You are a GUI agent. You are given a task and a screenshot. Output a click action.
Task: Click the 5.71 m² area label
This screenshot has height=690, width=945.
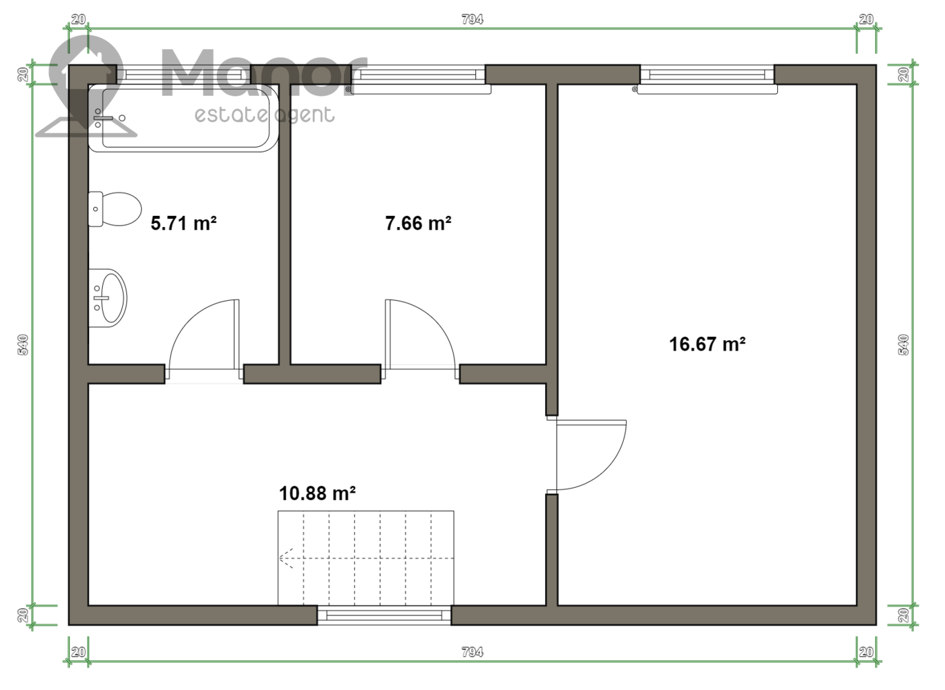[184, 223]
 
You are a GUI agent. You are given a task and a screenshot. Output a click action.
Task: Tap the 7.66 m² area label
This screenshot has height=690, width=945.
[418, 223]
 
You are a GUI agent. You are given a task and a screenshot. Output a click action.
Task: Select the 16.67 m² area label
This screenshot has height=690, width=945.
[707, 344]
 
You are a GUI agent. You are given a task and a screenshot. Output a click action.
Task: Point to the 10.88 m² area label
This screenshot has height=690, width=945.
[317, 493]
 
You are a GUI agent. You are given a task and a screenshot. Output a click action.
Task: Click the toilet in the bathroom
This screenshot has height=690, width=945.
[115, 209]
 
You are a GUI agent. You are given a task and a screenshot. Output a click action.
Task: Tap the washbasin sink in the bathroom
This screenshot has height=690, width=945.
[108, 298]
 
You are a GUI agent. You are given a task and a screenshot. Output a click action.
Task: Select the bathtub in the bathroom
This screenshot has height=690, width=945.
[183, 118]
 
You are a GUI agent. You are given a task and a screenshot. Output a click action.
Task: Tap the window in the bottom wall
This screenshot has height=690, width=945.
[384, 615]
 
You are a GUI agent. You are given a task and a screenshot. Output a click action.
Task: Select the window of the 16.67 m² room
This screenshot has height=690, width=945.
[707, 75]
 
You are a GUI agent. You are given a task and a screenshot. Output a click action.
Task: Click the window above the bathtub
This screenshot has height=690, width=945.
[184, 75]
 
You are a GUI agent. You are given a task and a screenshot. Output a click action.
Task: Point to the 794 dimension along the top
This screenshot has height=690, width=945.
[472, 19]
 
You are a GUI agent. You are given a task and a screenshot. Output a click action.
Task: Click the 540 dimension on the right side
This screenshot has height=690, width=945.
[904, 345]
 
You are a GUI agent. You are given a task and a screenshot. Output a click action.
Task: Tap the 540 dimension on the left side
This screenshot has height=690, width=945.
[23, 345]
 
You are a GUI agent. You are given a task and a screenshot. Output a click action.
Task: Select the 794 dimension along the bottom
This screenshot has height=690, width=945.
[472, 653]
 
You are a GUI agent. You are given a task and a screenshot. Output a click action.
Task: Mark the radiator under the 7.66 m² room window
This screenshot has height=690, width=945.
[421, 89]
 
